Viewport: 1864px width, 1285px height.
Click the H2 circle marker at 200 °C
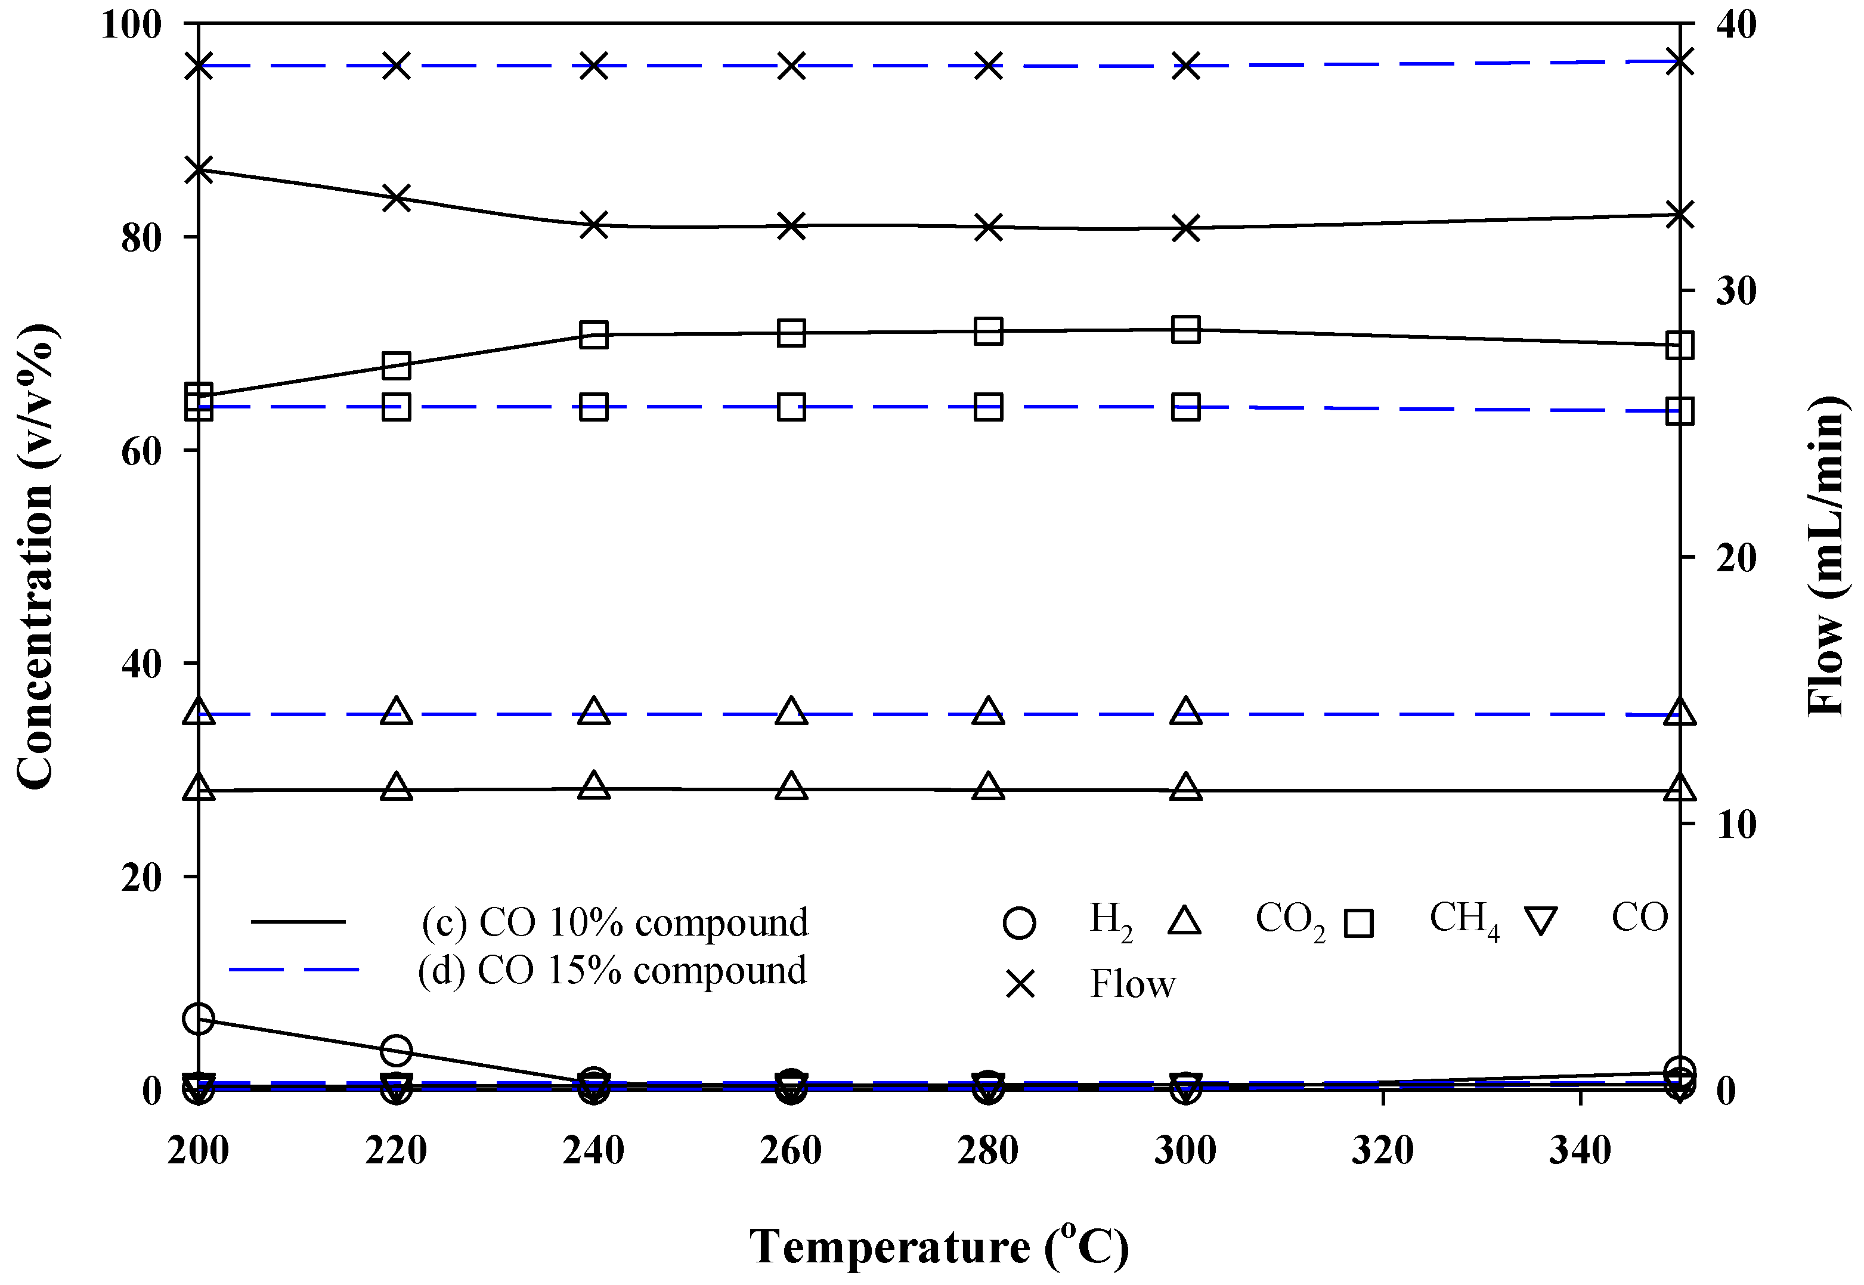point(199,1019)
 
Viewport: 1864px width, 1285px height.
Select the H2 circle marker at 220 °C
point(396,1050)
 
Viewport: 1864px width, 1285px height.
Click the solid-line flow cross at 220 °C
point(396,197)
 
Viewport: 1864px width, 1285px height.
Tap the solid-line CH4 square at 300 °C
point(1185,329)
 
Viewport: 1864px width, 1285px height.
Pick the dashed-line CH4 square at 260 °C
point(791,407)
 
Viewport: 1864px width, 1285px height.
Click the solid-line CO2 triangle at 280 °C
point(989,787)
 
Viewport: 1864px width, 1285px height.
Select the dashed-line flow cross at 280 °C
point(989,66)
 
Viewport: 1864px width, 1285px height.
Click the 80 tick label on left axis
point(141,237)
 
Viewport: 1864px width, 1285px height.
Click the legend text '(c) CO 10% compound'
point(614,922)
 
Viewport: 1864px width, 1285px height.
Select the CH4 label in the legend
point(1463,919)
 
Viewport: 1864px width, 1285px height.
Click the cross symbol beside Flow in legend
point(1020,984)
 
